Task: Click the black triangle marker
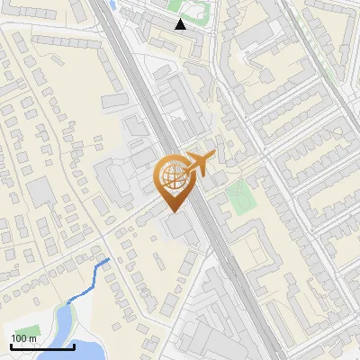[x=181, y=24]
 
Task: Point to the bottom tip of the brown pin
[x=173, y=212]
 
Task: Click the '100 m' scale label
[x=23, y=338]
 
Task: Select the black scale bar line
[x=42, y=347]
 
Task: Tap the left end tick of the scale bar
[x=11, y=346]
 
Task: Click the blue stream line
[x=90, y=280]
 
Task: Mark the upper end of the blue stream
[x=109, y=260]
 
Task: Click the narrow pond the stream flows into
[x=64, y=319]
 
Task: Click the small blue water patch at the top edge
[x=111, y=4]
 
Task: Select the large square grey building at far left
[x=40, y=190]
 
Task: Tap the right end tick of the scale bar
[x=74, y=346]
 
